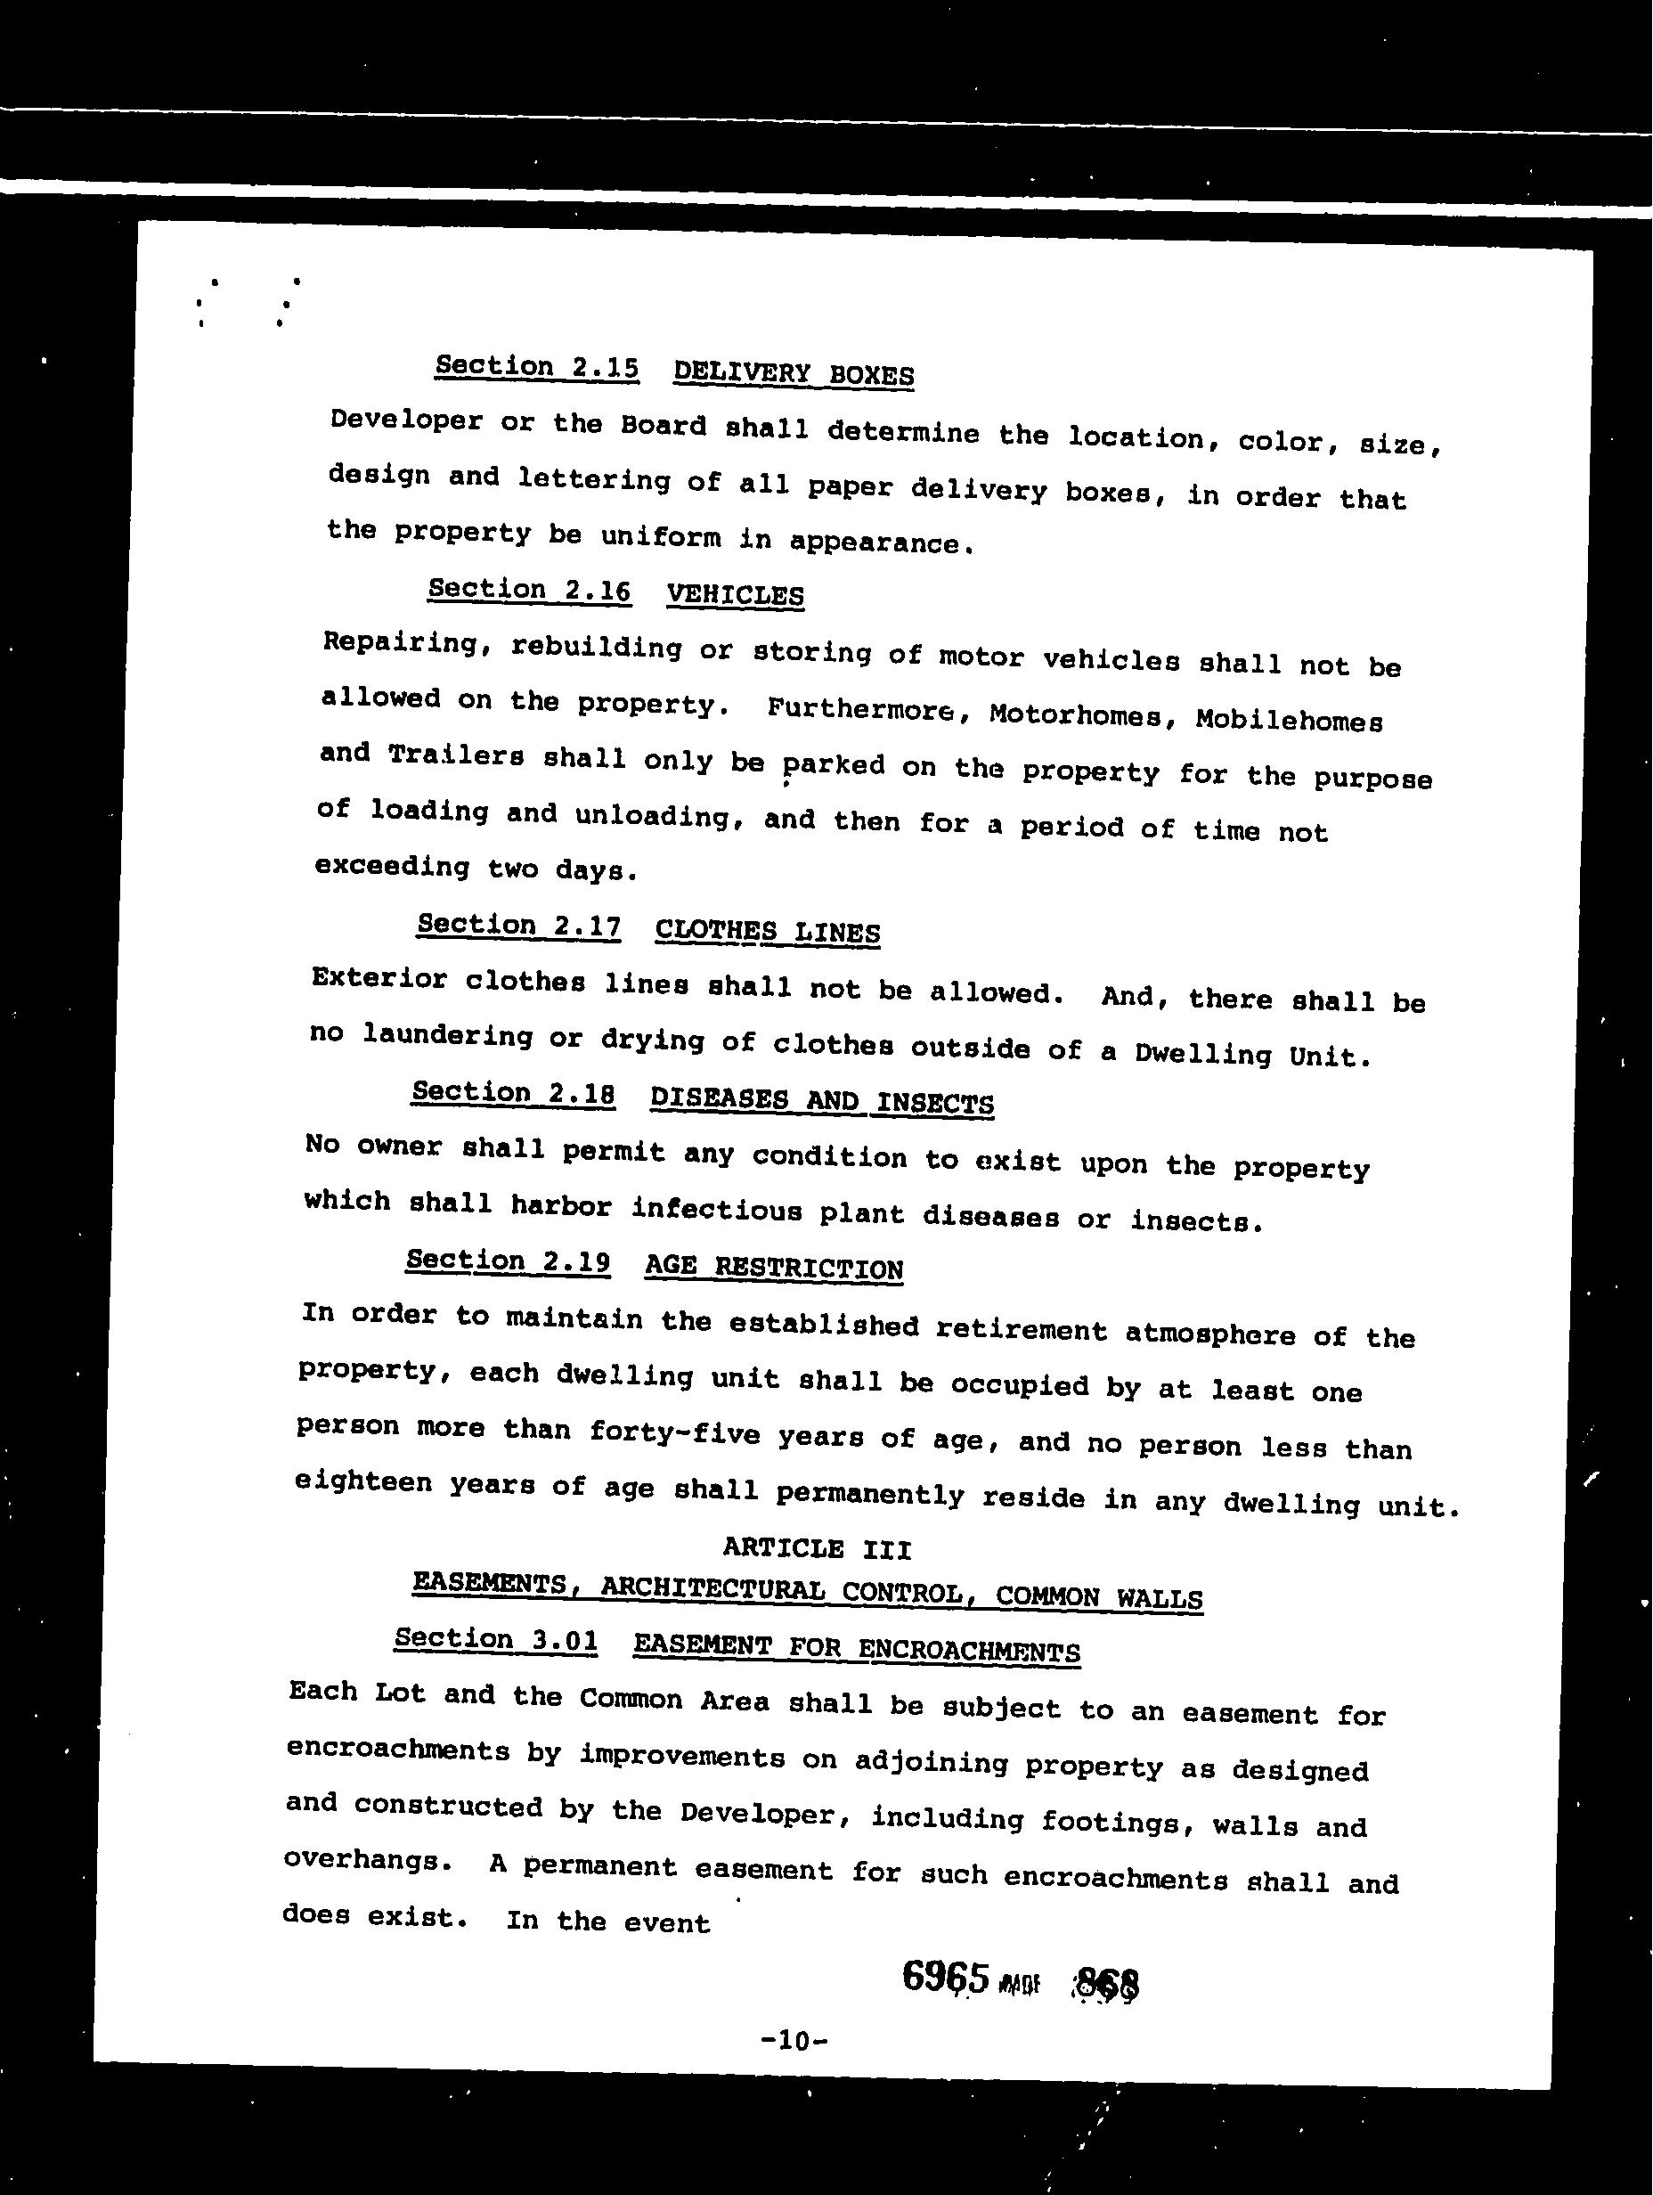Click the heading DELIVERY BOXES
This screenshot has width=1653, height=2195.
pos(793,374)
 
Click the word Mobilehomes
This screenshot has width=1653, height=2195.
pos(1288,721)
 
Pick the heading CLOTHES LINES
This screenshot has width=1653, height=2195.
pos(767,932)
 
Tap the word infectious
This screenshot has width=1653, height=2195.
pos(716,1210)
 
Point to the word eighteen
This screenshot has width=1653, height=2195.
pos(363,1482)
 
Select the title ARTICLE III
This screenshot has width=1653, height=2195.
pos(816,1548)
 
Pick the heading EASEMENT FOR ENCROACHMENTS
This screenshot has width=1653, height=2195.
pos(856,1648)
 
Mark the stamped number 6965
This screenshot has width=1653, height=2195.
pos(946,1976)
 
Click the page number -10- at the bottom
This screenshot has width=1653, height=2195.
pos(793,2040)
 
